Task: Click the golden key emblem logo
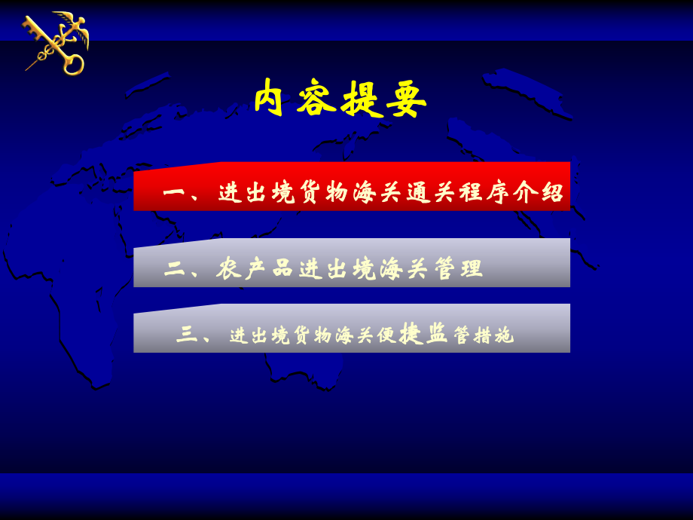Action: tap(56, 44)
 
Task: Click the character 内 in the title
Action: tap(270, 98)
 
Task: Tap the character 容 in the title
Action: tap(316, 99)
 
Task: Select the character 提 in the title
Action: tap(362, 99)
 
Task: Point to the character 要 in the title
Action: tap(407, 99)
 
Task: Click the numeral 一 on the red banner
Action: tap(174, 193)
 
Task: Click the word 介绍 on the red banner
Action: tap(539, 192)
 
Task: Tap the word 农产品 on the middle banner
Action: tap(253, 268)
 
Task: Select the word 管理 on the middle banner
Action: tap(458, 268)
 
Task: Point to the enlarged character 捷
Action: tap(410, 332)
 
